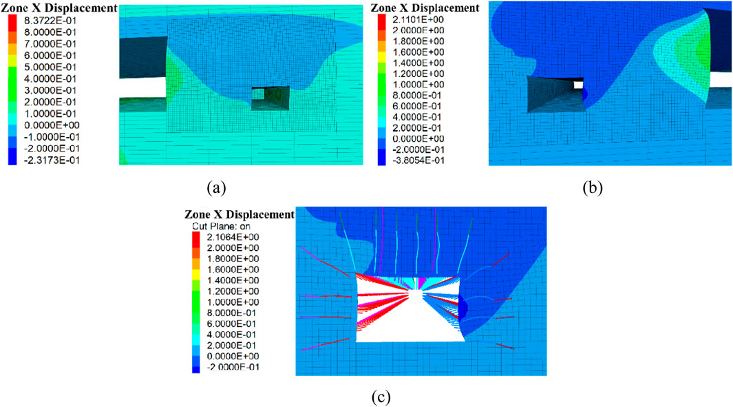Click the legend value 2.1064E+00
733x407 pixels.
tap(233, 237)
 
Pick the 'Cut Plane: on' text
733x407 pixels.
tap(221, 227)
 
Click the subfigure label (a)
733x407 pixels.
tap(216, 188)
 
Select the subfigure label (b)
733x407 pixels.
tap(593, 188)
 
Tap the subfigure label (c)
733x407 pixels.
tap(381, 397)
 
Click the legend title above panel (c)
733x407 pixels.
tap(240, 214)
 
